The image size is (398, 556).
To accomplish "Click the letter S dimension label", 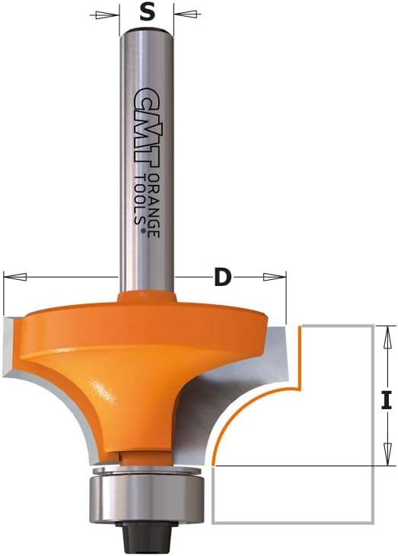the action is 147,13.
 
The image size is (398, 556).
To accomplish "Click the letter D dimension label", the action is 222,278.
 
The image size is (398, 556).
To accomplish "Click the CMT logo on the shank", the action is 147,127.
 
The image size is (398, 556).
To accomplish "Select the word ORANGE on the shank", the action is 154,205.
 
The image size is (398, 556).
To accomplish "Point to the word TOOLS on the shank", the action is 140,199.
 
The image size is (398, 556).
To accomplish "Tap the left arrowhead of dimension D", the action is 15,277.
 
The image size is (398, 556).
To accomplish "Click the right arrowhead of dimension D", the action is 274,277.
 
